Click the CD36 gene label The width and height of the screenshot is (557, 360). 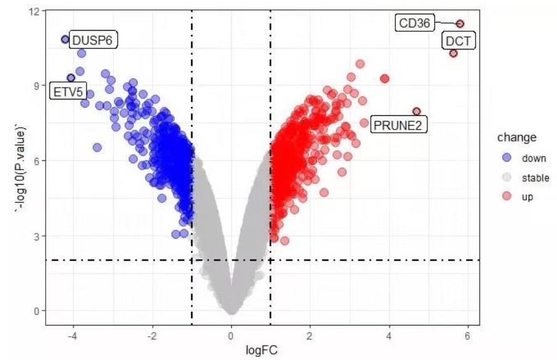(x=415, y=24)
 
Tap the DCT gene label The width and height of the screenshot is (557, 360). (x=461, y=42)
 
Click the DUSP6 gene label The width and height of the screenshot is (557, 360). (x=94, y=41)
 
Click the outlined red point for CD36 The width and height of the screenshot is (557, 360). (x=460, y=24)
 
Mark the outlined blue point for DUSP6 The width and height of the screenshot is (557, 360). (x=65, y=39)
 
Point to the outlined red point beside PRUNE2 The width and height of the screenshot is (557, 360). (x=417, y=111)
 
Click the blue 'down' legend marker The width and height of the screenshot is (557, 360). (x=507, y=159)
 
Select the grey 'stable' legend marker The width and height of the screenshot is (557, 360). (x=507, y=178)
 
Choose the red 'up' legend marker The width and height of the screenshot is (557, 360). (x=507, y=197)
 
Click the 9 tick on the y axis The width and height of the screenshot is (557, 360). (x=37, y=86)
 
